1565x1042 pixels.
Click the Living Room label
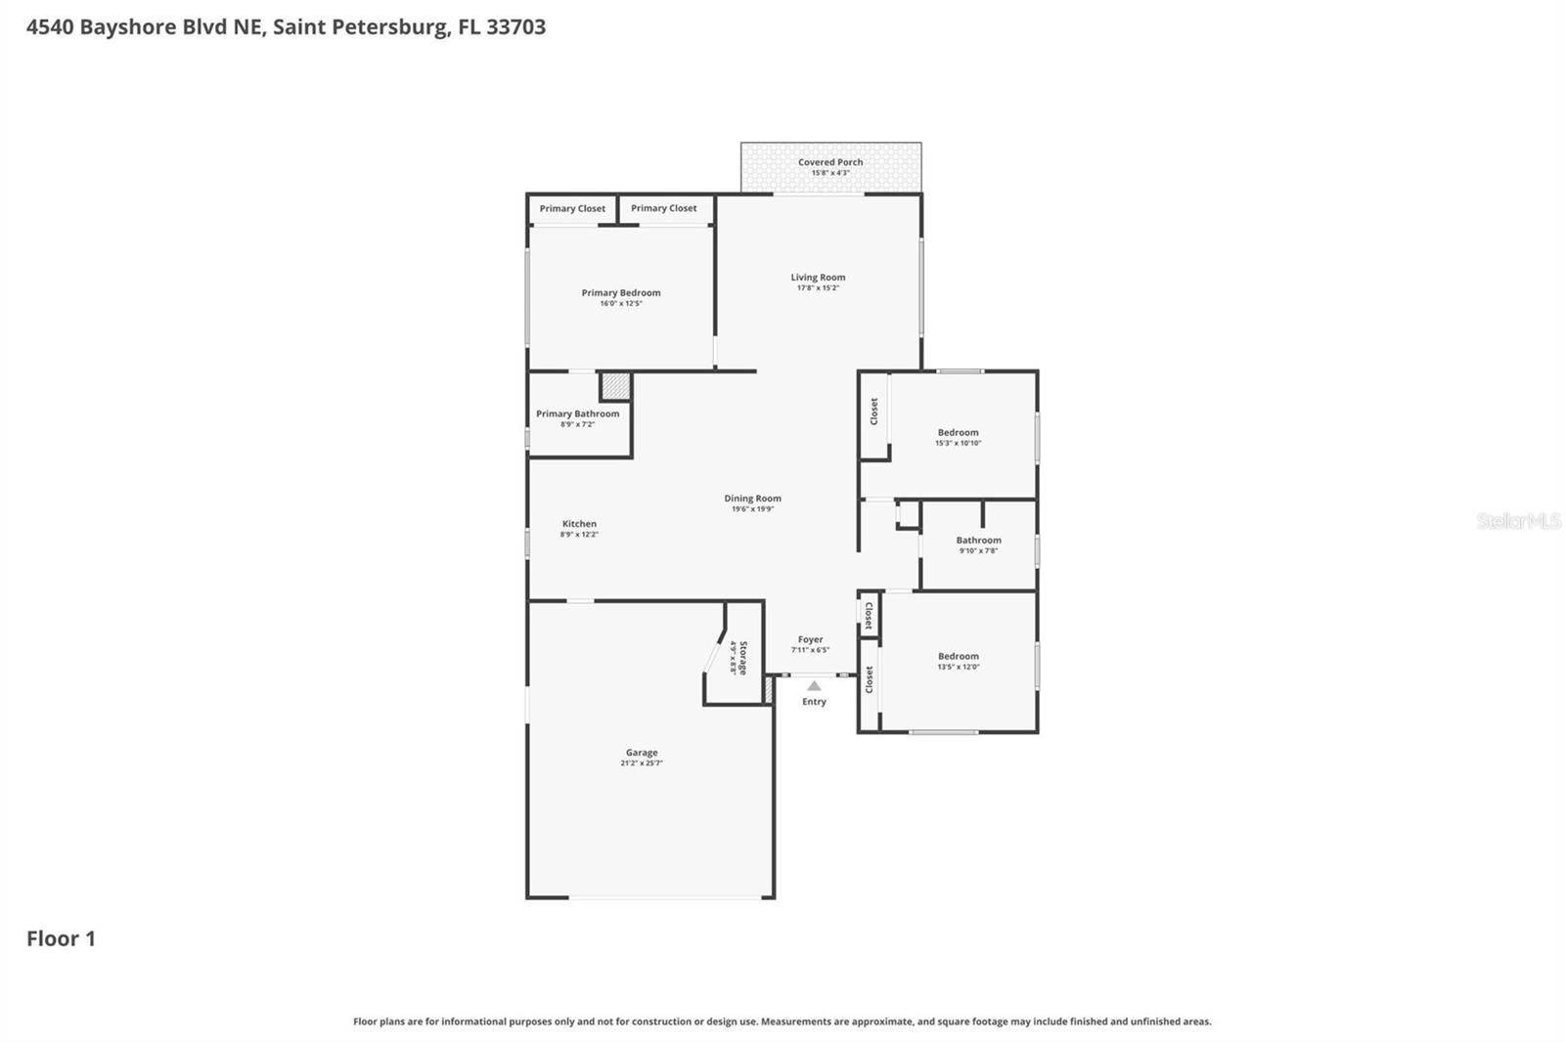[x=818, y=278]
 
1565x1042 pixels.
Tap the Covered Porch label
[x=830, y=162]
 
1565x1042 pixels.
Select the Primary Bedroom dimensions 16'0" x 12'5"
[x=621, y=304]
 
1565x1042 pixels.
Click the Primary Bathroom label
[x=577, y=413]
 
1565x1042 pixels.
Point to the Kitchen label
[x=579, y=524]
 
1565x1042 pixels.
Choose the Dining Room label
[x=752, y=499]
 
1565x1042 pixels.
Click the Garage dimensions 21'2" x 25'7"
[x=642, y=763]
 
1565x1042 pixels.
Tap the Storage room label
[x=743, y=658]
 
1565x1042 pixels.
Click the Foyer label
[x=810, y=639]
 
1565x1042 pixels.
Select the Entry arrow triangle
[x=814, y=686]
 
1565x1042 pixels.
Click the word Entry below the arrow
[x=814, y=702]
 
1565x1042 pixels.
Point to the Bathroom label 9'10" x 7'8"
[x=978, y=541]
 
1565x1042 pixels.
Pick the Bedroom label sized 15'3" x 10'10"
[x=958, y=432]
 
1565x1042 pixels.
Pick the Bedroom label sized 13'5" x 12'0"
[x=958, y=657]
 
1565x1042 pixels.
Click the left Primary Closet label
[x=572, y=208]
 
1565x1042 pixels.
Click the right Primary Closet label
[x=663, y=208]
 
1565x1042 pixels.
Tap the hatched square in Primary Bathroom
[x=615, y=386]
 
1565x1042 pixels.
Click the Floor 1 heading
[x=61, y=938]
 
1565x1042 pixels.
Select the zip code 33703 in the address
[x=515, y=26]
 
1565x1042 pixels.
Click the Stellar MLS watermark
[x=1518, y=521]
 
